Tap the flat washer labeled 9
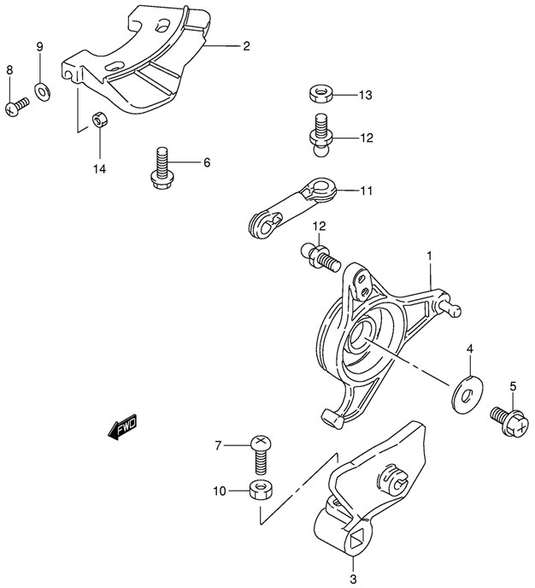(40, 88)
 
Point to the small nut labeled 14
(99, 121)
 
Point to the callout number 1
(429, 256)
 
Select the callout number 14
(99, 169)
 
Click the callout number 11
(366, 191)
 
